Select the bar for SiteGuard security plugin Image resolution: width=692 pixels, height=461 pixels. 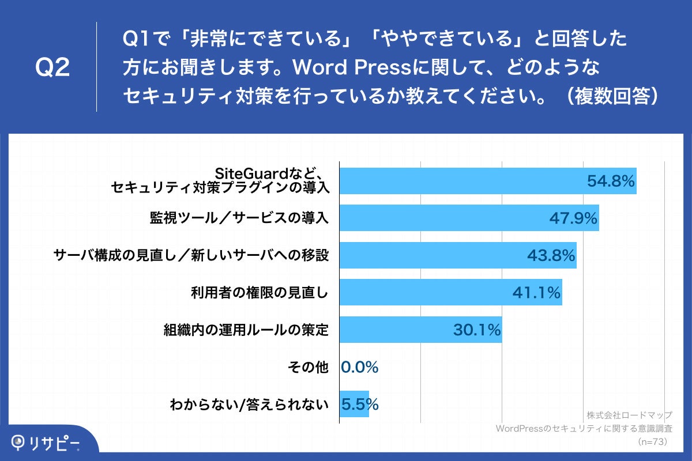pyautogui.click(x=461, y=181)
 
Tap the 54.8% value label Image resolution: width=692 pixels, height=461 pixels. pyautogui.click(x=611, y=181)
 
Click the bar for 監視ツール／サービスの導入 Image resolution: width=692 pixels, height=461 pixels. pyautogui.click(x=450, y=218)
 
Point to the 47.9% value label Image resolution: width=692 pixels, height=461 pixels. pyautogui.click(x=573, y=218)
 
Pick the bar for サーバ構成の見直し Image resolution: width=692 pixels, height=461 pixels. pyautogui.click(x=438, y=255)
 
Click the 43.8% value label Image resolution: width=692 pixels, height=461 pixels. pyautogui.click(x=551, y=255)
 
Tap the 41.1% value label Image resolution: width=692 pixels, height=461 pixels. pyautogui.click(x=536, y=293)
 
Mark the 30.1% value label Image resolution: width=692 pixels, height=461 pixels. pyautogui.click(x=476, y=330)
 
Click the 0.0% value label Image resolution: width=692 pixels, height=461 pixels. pyautogui.click(x=360, y=367)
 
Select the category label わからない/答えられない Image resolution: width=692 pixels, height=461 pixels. pyautogui.click(x=249, y=405)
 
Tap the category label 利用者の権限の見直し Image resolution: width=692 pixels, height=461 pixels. pyautogui.click(x=259, y=293)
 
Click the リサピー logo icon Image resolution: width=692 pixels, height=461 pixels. pyautogui.click(x=19, y=442)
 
